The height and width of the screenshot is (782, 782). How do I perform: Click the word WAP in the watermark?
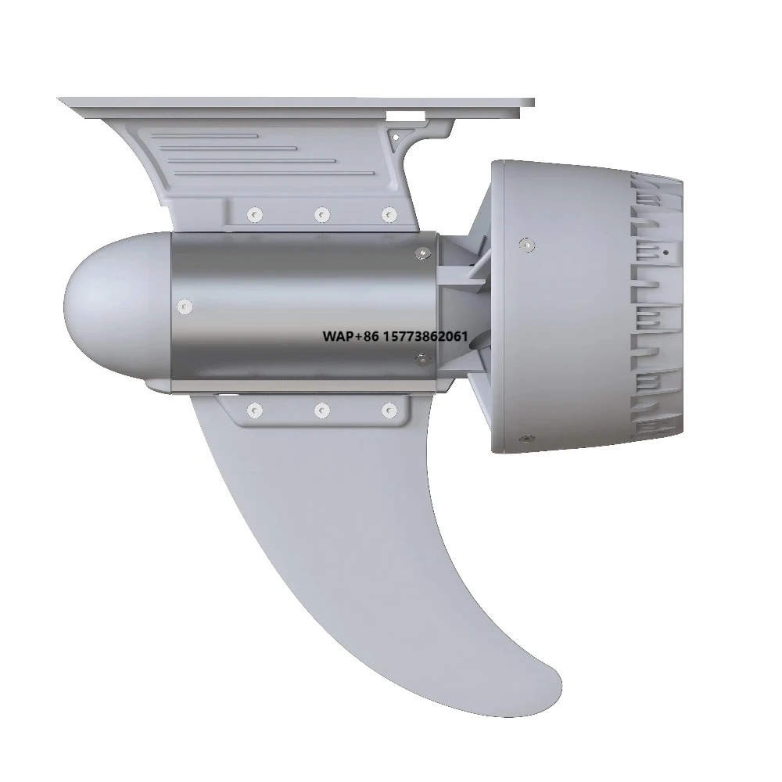coord(337,336)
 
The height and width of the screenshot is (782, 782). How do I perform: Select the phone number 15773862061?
coord(425,336)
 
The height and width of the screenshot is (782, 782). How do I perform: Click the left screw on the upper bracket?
coord(255,215)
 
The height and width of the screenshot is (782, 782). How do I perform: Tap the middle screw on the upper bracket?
coord(322,215)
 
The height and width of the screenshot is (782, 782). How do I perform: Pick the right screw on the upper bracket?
coord(389,215)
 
